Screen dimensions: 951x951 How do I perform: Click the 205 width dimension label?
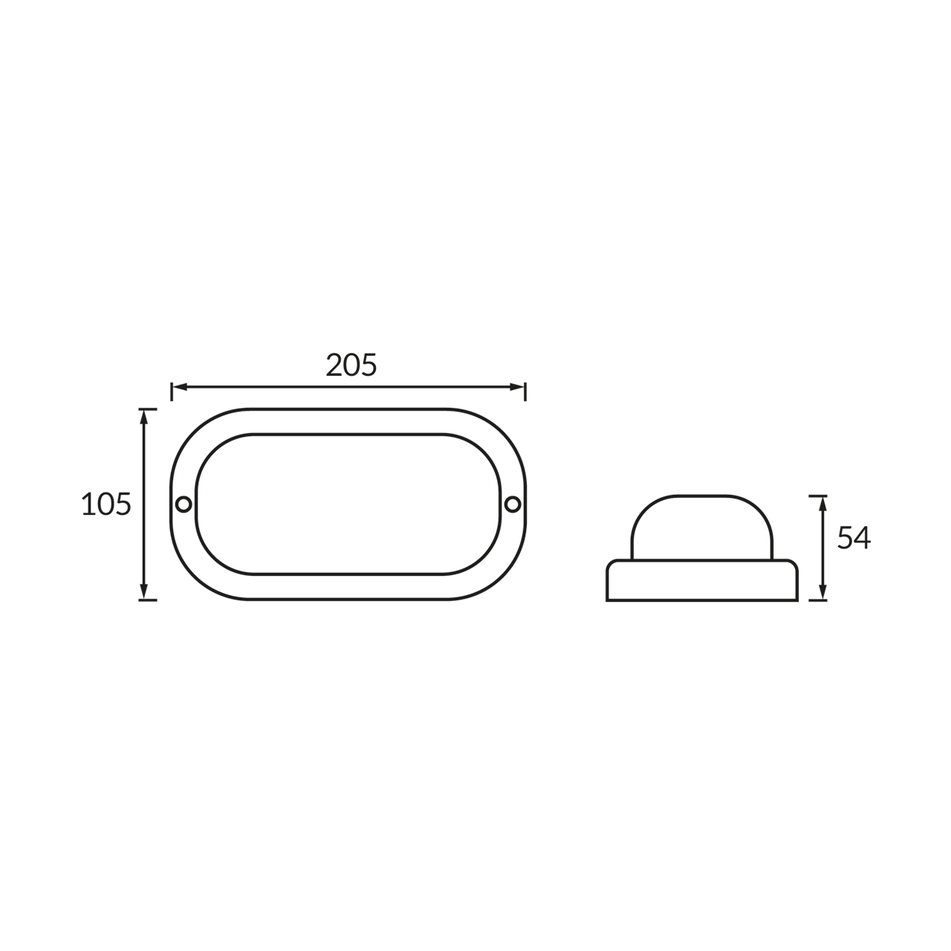click(x=351, y=365)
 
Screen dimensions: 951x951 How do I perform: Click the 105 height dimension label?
click(x=106, y=504)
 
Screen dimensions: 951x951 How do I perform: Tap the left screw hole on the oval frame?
click(x=184, y=504)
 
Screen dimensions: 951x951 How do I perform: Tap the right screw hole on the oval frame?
click(x=513, y=504)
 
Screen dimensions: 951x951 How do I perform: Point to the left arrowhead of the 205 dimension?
click(x=179, y=387)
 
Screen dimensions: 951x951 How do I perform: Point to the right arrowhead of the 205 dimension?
click(x=516, y=387)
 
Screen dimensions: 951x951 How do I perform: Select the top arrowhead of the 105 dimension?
click(x=144, y=418)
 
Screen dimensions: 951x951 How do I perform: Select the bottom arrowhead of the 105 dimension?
click(x=144, y=591)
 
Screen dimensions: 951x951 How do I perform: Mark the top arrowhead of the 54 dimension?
click(x=822, y=504)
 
